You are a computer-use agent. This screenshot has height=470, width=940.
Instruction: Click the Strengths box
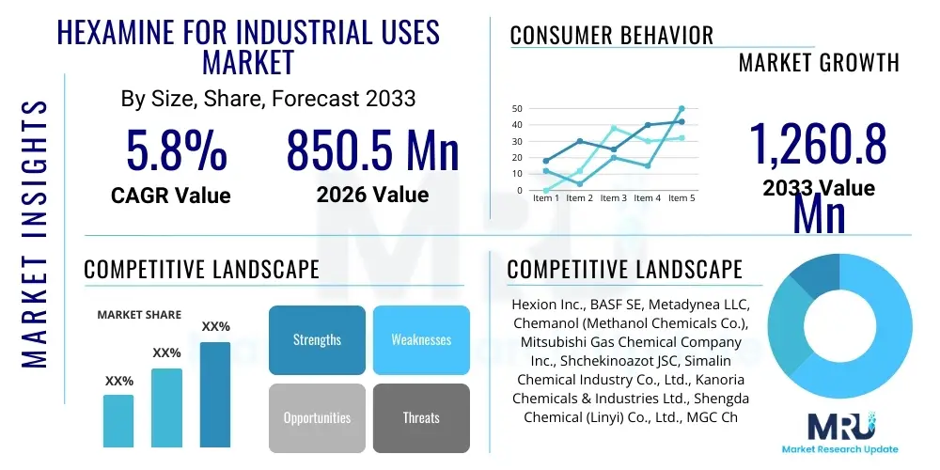[x=317, y=339]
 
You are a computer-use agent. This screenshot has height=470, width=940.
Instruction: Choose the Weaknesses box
[x=421, y=339]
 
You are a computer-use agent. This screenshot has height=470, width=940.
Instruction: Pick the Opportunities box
[x=317, y=417]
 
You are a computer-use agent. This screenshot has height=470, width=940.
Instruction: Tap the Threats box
[x=421, y=417]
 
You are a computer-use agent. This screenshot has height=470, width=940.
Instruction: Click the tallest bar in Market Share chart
[x=215, y=395]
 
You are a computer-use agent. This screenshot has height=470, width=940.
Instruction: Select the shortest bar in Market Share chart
[x=118, y=420]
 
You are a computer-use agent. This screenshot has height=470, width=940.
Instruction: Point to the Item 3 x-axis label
[x=613, y=198]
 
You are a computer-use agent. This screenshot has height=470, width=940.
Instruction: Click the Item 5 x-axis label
[x=681, y=198]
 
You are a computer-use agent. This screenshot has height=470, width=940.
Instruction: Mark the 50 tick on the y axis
[x=516, y=109]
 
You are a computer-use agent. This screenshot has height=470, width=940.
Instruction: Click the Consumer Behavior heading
[x=612, y=36]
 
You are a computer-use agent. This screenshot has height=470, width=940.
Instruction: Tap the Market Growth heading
[x=819, y=63]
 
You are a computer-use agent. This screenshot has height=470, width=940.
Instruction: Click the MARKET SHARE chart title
[x=139, y=315]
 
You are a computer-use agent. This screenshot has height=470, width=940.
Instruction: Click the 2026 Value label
[x=372, y=195]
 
